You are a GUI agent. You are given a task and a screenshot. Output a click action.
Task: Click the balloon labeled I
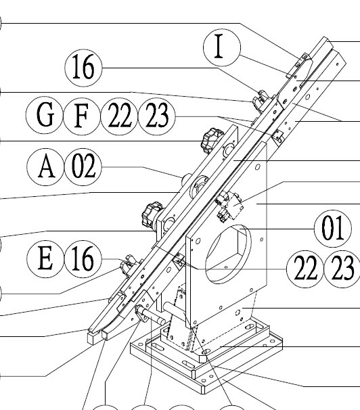tap(222, 47)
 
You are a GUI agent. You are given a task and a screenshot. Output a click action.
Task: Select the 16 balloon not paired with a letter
tap(83, 68)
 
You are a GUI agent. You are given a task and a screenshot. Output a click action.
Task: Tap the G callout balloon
tap(45, 115)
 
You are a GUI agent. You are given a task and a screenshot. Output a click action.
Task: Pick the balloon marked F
tap(82, 116)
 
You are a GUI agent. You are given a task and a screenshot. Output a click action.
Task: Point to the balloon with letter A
tap(46, 167)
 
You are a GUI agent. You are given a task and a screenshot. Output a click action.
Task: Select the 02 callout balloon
tap(83, 167)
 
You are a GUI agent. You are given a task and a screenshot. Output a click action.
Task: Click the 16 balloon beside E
tap(83, 259)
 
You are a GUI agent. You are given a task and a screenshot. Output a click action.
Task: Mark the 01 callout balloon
tap(332, 229)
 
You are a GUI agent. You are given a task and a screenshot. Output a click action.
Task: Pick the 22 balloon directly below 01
tap(305, 269)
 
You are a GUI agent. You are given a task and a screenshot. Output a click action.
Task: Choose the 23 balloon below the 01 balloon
tap(342, 269)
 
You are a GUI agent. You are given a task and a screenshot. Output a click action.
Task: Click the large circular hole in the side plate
tap(228, 254)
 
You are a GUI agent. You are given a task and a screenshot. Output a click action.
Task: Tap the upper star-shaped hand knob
tap(211, 141)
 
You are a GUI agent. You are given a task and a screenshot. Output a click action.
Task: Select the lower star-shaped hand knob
tap(152, 215)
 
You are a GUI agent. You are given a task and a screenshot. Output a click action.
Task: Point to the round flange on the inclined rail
tap(199, 185)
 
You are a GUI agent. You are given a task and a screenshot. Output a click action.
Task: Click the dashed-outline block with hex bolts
tap(229, 206)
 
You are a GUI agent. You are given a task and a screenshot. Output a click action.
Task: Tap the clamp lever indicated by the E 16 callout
tap(129, 265)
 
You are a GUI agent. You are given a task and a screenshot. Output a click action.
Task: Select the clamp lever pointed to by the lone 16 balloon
tap(261, 99)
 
